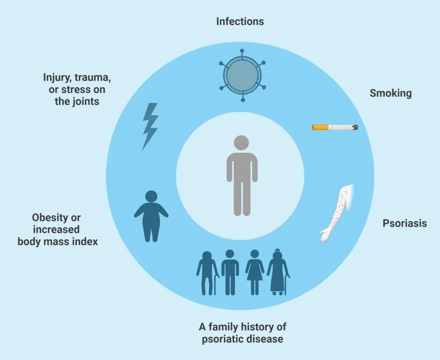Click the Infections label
[240, 21]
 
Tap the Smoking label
[390, 93]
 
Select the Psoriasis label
[404, 223]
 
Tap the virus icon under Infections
[242, 75]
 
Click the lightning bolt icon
[150, 126]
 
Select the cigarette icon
[335, 127]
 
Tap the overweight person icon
[151, 216]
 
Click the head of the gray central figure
[241, 143]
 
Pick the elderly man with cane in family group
[207, 273]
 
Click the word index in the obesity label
[85, 241]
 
